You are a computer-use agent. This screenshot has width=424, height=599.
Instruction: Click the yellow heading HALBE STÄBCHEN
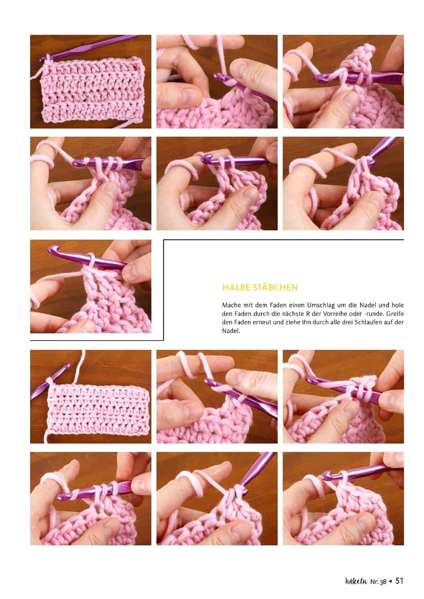[260, 287]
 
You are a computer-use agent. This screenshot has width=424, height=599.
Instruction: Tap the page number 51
[399, 581]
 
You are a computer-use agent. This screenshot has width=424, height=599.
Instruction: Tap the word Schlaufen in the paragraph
[367, 322]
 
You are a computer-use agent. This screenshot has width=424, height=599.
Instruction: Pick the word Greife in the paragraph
[395, 314]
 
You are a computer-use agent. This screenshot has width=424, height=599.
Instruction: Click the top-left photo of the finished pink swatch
[91, 82]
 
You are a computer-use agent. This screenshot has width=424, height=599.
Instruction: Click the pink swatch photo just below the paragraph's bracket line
[91, 396]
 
